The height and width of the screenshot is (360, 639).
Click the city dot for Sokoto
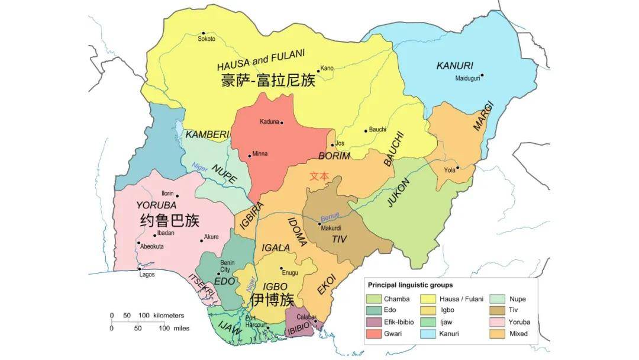[203, 33]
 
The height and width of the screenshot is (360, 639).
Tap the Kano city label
[327, 68]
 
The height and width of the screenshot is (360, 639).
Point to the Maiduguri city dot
[482, 75]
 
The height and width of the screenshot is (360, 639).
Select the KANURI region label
[454, 66]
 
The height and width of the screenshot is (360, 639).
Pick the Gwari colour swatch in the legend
[373, 333]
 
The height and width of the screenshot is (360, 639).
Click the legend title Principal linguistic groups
[410, 285]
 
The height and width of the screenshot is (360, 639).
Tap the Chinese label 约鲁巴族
[169, 221]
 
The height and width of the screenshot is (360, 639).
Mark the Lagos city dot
[140, 269]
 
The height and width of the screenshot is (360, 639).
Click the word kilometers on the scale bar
[169, 316]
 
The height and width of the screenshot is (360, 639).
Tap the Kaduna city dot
[282, 123]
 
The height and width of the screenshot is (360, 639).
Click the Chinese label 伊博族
[272, 300]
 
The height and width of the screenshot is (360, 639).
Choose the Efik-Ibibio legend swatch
[373, 322]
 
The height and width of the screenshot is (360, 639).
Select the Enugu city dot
[281, 268]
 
